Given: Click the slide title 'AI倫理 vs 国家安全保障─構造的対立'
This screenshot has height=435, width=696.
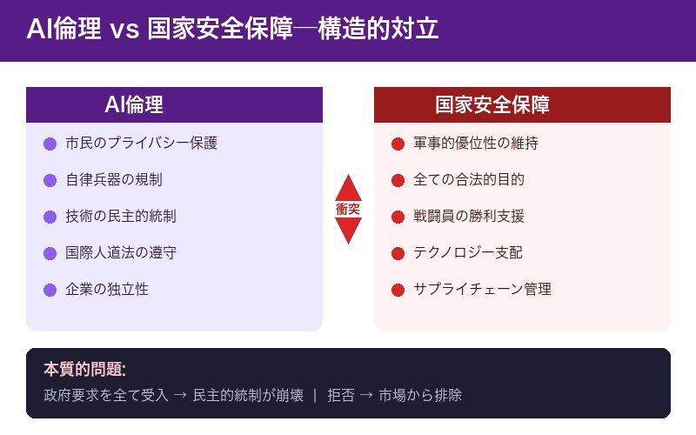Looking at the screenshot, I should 232,30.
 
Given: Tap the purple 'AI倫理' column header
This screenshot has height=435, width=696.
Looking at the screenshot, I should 134,105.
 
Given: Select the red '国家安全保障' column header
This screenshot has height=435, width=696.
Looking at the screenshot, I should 492,105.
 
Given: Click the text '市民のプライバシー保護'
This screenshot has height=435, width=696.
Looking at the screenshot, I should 141,144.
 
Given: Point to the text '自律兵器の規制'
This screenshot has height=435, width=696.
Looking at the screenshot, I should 114,180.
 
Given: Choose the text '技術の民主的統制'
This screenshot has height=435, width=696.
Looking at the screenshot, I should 121,217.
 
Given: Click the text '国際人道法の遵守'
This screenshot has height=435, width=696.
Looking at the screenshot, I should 121,253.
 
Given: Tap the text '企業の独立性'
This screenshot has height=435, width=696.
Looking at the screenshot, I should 107,290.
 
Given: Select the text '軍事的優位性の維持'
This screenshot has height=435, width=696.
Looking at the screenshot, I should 476,144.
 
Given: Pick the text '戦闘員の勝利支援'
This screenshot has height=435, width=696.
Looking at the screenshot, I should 469,217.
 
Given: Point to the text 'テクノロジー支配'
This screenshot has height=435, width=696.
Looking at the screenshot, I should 468,253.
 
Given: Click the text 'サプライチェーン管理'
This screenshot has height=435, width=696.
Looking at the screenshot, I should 482,290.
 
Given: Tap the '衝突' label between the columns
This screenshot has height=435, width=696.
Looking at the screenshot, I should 348,210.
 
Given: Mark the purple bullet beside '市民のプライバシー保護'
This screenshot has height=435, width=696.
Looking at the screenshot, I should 50,144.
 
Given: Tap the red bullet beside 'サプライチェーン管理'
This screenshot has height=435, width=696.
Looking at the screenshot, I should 398,290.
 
